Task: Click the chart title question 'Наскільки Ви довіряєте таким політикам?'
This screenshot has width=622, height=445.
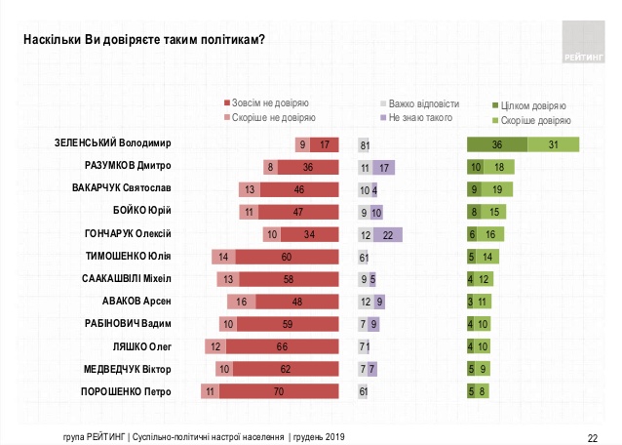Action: coord(143,39)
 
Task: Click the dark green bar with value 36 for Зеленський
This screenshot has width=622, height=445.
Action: coord(497,144)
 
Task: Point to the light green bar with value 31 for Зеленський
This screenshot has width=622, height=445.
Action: coord(553,144)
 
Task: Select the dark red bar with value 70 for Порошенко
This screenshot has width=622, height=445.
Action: coord(278,391)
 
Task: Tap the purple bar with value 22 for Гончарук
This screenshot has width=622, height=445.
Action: coord(388,234)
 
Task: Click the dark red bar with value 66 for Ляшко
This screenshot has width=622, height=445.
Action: coord(282,346)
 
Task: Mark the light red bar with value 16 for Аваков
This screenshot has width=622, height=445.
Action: coord(243,302)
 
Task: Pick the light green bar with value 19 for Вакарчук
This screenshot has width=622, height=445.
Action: coord(497,189)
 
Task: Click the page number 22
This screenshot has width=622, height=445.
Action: coord(592,436)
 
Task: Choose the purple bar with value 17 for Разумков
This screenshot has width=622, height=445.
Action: coord(384,167)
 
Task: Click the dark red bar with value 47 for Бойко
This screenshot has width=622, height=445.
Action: coord(297,212)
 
